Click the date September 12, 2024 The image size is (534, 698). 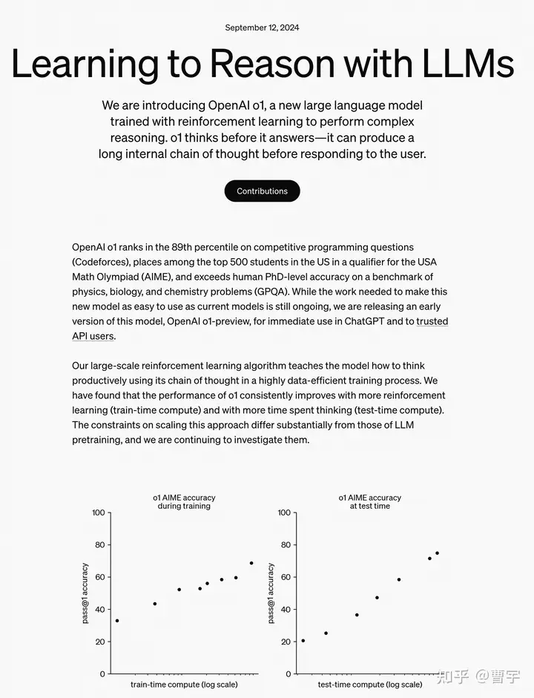(x=262, y=28)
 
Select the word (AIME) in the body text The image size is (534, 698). (x=171, y=277)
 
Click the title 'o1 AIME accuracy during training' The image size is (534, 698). (x=183, y=502)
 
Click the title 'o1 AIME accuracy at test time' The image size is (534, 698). (x=369, y=502)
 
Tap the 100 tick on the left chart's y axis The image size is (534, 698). (x=97, y=513)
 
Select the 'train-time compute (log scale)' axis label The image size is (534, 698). (x=183, y=685)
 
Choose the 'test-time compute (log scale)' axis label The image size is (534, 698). (x=370, y=685)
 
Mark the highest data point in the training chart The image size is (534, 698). (x=251, y=563)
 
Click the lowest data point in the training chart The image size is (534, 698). (x=117, y=621)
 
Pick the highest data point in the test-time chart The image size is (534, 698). (x=437, y=553)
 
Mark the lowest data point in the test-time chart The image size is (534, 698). (x=303, y=640)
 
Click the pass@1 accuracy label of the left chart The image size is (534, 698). (x=85, y=593)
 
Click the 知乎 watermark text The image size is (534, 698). (x=451, y=676)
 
